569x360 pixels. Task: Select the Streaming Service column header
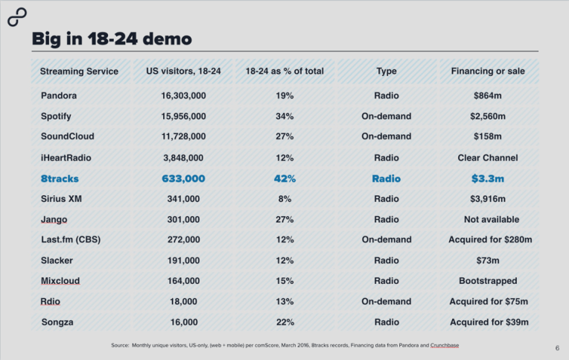[x=79, y=72]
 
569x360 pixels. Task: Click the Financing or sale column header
[x=488, y=72]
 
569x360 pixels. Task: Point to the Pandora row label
[x=58, y=96]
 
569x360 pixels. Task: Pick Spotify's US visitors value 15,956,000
[x=183, y=116]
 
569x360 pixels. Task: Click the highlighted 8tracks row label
[x=60, y=179]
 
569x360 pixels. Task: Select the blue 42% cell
[x=284, y=179]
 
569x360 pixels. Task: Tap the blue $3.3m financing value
[x=489, y=179]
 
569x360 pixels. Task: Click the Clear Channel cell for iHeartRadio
[x=489, y=158]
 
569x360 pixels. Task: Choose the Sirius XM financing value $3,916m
[x=489, y=199]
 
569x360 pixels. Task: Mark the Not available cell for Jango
[x=489, y=220]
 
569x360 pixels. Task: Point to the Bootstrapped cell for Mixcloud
[x=489, y=281]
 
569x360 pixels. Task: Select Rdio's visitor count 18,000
[x=183, y=302]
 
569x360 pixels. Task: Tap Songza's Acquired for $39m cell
[x=489, y=322]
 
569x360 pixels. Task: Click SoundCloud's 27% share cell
[x=284, y=137]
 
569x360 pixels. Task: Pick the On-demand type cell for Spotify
[x=386, y=116]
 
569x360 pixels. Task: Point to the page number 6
[x=557, y=348]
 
